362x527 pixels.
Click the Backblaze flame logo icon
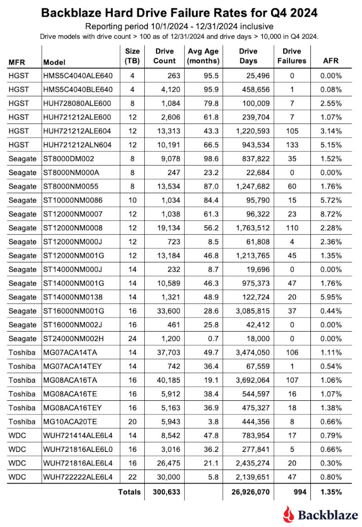pos(288,514)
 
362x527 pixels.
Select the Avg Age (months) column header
pos(203,56)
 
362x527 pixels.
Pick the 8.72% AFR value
pos(330,214)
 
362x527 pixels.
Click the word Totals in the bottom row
pos(129,492)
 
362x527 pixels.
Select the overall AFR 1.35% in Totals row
pos(330,492)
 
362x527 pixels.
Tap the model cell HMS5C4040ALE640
pos(78,76)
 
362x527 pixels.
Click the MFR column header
pos(18,61)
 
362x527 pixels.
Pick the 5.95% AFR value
pos(330,298)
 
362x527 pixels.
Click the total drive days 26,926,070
pos(246,492)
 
